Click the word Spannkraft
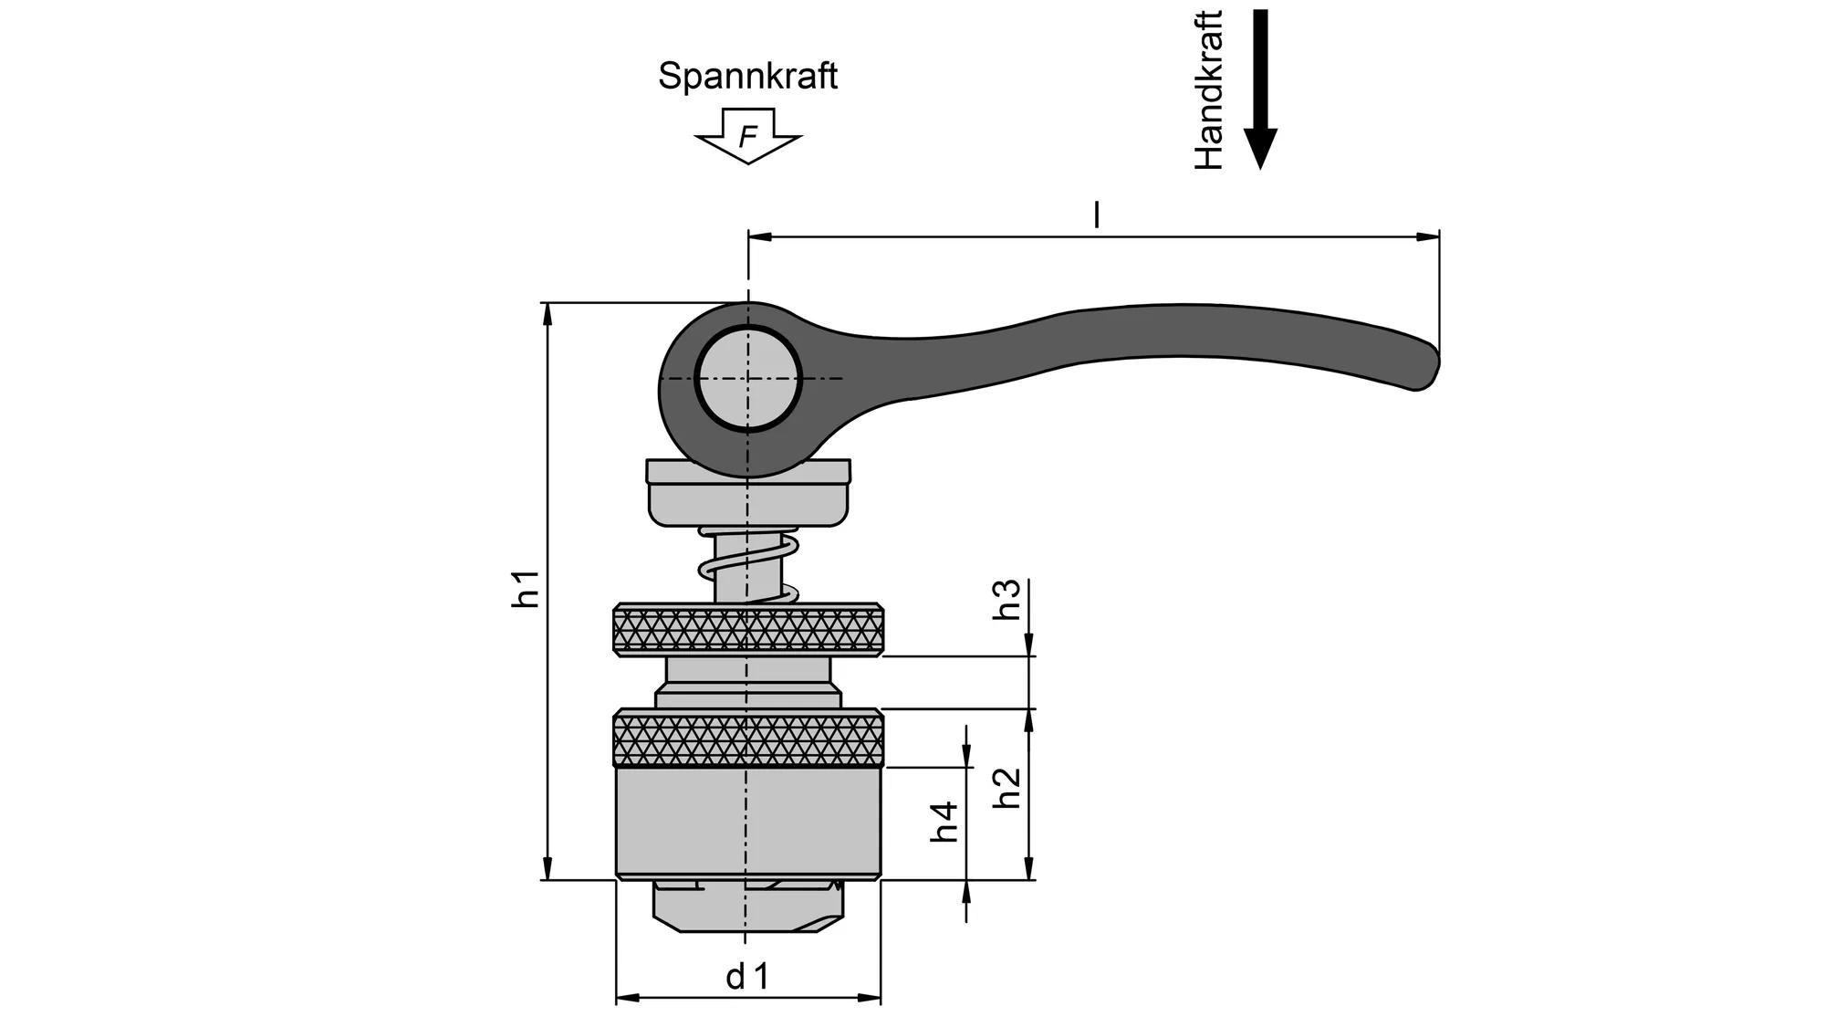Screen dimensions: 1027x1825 coord(747,76)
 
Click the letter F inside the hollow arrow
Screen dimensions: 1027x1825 coord(747,137)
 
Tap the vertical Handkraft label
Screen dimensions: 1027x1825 coord(1208,89)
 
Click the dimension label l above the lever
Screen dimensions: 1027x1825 coord(1096,215)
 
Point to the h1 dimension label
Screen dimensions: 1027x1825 coord(527,589)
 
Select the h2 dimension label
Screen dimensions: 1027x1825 coord(1006,787)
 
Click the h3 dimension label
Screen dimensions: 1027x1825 coord(1006,600)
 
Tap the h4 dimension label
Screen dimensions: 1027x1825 coord(945,821)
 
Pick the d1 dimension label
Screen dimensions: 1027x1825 coord(747,977)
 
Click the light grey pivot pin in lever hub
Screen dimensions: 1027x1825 coord(747,378)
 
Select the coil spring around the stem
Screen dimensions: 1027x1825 coord(748,566)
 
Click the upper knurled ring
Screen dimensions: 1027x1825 coord(747,629)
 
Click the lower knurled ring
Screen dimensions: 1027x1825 coord(747,739)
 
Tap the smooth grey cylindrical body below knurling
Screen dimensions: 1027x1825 coord(747,822)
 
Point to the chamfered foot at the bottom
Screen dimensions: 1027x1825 coord(747,908)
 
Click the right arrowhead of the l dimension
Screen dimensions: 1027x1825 coord(1428,236)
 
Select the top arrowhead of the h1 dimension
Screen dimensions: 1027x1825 coord(547,313)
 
